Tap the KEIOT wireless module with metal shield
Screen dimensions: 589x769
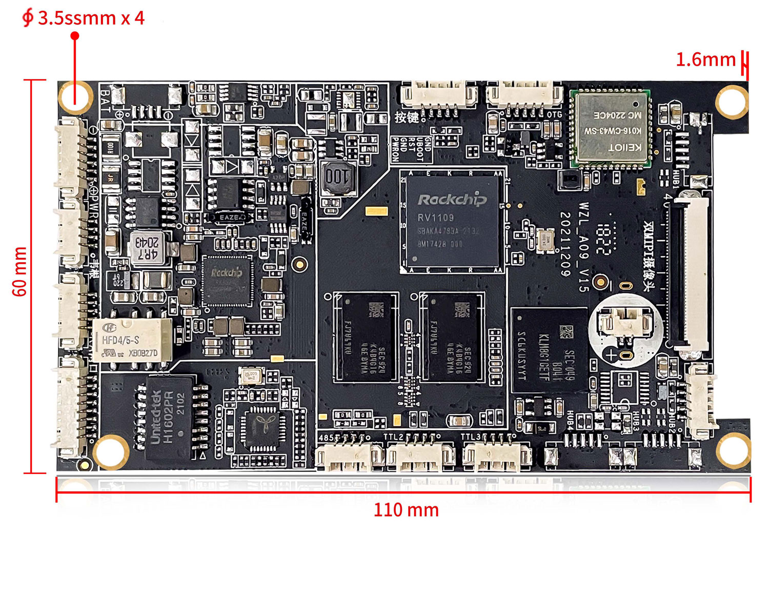coord(611,129)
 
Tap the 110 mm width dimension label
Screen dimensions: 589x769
coord(406,511)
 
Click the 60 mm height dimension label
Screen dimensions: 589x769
coord(19,271)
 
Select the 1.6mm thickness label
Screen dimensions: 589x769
coord(705,60)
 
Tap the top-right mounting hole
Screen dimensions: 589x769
coord(731,101)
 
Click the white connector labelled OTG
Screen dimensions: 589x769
coord(524,95)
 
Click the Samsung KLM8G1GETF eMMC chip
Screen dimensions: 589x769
coord(549,350)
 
